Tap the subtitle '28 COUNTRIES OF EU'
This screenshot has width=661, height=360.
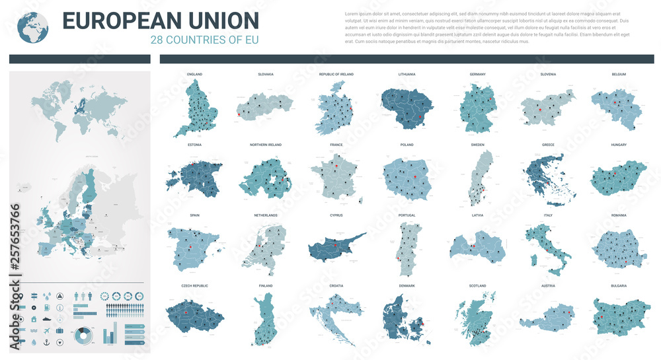pyautogui.click(x=204, y=40)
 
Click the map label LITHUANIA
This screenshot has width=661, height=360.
pyautogui.click(x=407, y=74)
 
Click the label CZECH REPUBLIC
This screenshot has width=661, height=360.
pyautogui.click(x=194, y=286)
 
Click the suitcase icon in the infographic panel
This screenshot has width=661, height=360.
pyautogui.click(x=60, y=330)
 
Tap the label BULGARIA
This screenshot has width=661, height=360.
pyautogui.click(x=619, y=286)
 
